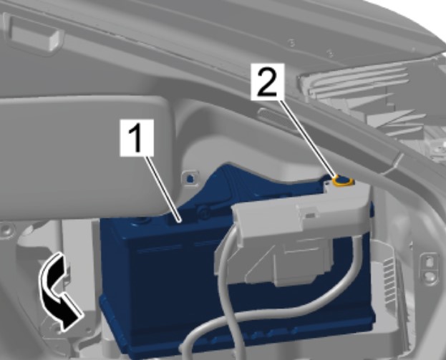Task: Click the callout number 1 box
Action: point(137,137)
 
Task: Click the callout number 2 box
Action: point(267,82)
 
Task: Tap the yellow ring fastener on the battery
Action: point(344,181)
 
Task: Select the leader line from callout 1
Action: point(163,188)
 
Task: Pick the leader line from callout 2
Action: point(308,138)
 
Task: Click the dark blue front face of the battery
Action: point(159,284)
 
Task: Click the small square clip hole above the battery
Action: point(189,177)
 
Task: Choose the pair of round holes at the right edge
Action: point(429,268)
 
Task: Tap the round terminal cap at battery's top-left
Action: point(140,221)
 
